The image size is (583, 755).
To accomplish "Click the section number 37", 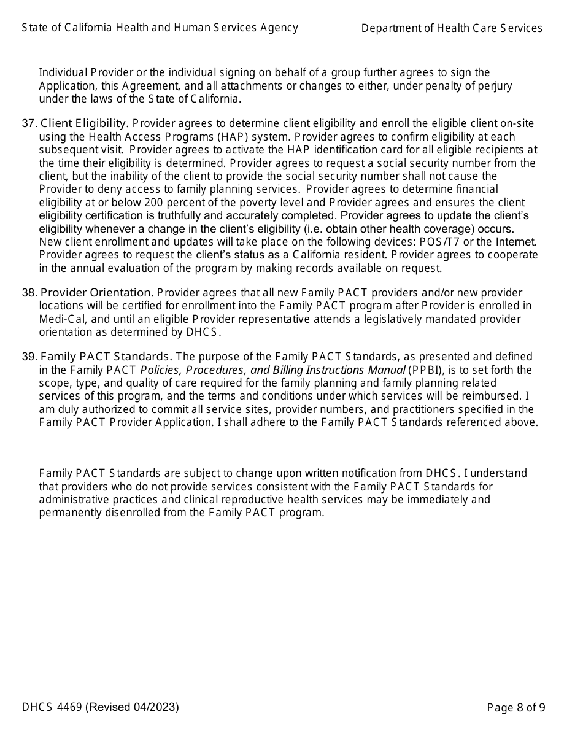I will (28, 123).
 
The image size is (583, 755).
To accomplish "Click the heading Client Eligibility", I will (85, 123).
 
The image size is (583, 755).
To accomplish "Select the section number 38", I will (28, 293).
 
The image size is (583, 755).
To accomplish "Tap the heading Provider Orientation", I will (97, 293).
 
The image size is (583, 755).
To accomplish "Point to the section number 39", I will (28, 357).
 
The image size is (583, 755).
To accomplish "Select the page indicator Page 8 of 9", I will (515, 708).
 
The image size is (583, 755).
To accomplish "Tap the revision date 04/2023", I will (158, 707).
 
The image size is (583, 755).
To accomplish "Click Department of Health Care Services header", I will (452, 28).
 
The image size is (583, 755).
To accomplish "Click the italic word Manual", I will (387, 370).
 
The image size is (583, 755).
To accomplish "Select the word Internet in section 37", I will (517, 242).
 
